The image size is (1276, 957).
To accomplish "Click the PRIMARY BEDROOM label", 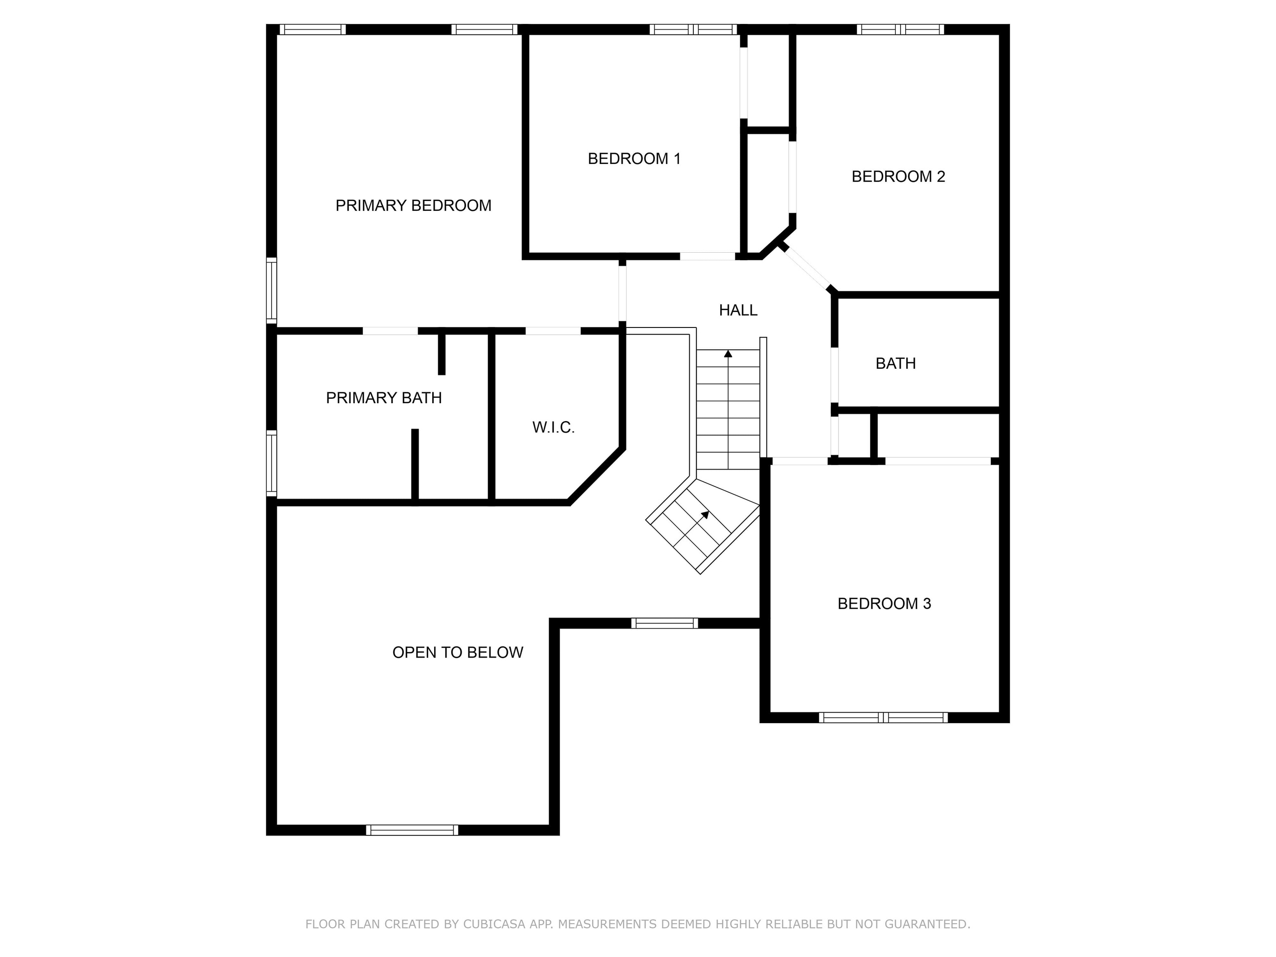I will point(413,206).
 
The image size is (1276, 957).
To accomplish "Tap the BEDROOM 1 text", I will point(634,159).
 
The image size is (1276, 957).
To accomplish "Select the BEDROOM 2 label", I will point(898,176).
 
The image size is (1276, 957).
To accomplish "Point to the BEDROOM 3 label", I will point(884,604).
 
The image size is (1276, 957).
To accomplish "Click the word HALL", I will point(738,311).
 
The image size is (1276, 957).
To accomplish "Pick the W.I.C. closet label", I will point(553,428).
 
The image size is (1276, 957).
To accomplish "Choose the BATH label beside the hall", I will point(895,363).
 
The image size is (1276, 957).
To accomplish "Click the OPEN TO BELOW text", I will point(458,652).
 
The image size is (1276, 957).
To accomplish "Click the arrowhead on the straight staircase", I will point(728,353).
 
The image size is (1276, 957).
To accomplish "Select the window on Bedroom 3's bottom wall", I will point(883,718).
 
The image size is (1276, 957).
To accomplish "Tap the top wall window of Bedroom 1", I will point(693,29).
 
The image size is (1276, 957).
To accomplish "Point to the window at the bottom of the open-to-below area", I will point(412,830).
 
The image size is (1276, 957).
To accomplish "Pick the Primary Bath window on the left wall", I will point(271,463).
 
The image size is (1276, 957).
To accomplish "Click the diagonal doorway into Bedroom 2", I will point(806,268).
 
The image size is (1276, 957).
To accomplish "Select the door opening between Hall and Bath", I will point(834,375).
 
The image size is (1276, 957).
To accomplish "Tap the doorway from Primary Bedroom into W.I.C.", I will point(553,331).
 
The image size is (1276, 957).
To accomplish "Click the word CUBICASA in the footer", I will point(494,924).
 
